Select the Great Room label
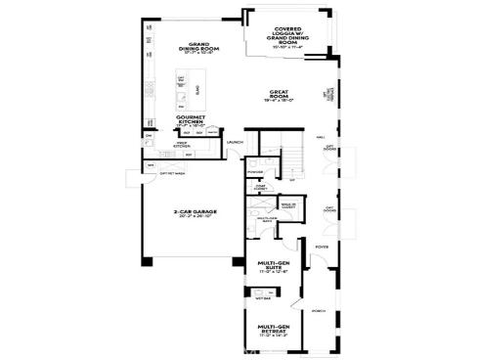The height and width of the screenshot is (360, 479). click(x=282, y=96)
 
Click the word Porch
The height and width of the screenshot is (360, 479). click(x=319, y=312)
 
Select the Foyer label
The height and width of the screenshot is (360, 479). click(x=320, y=247)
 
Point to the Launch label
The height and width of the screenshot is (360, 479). click(x=235, y=143)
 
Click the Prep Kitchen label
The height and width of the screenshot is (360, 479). click(x=183, y=145)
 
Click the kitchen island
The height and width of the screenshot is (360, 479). click(x=182, y=90)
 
